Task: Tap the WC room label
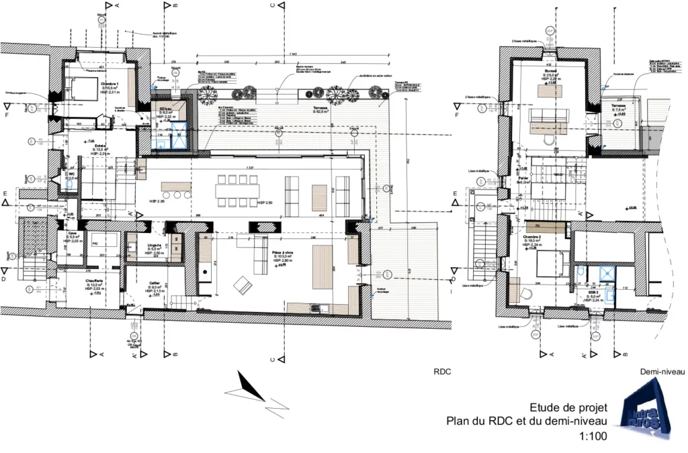coord(71,173)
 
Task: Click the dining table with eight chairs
coord(236,190)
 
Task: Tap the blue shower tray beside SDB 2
coord(607,272)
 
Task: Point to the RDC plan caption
coord(441,370)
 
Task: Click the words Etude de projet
coord(568,407)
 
